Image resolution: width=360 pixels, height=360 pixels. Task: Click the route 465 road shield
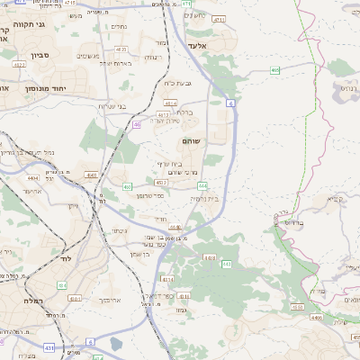274,70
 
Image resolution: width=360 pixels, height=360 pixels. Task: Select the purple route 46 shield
137,124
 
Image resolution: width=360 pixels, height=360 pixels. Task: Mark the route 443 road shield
227,265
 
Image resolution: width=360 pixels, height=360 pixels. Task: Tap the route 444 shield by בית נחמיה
202,185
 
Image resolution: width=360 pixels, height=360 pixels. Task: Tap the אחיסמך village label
107,300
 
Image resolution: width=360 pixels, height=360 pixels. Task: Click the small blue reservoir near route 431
115,343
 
